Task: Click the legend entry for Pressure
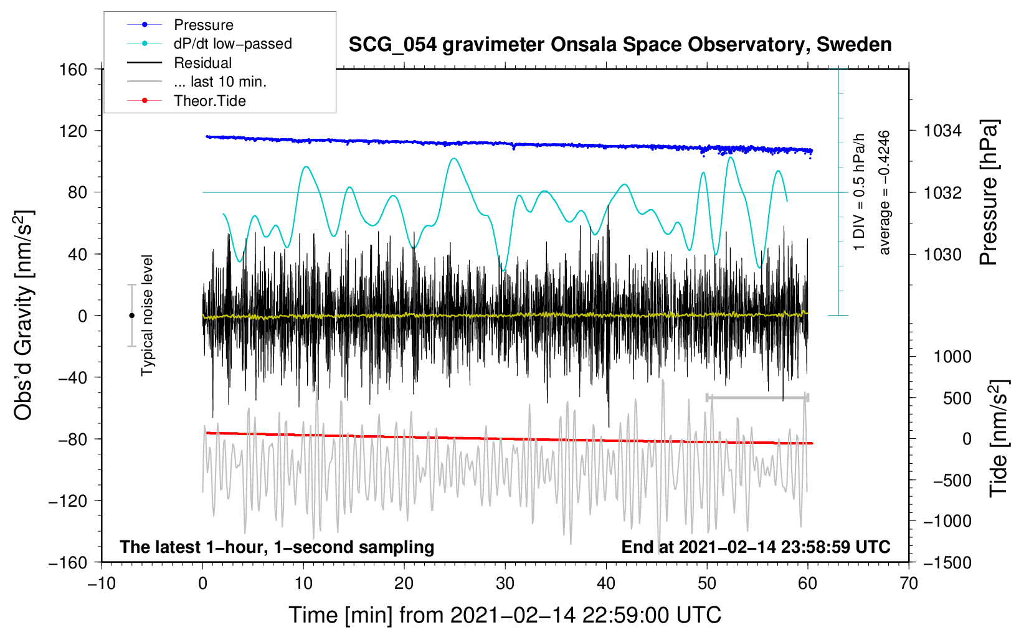(x=203, y=25)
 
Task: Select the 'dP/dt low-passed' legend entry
(x=232, y=44)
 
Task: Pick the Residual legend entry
(x=202, y=63)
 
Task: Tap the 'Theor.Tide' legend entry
(x=209, y=101)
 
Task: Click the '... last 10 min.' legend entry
(x=220, y=82)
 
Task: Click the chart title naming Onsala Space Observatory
(x=620, y=45)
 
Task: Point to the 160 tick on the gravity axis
(x=74, y=69)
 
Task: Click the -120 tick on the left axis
(x=68, y=501)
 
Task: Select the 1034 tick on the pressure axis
(x=942, y=131)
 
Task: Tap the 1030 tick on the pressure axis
(x=942, y=254)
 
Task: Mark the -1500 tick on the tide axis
(x=947, y=562)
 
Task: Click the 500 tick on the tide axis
(x=957, y=398)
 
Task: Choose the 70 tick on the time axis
(x=909, y=583)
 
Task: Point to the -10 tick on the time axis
(x=102, y=583)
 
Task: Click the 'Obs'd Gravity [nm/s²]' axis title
(x=24, y=315)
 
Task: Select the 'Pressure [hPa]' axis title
(x=989, y=193)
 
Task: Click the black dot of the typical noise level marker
(x=131, y=316)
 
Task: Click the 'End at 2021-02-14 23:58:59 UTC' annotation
(x=756, y=547)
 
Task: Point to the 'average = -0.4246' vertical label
(x=884, y=192)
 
